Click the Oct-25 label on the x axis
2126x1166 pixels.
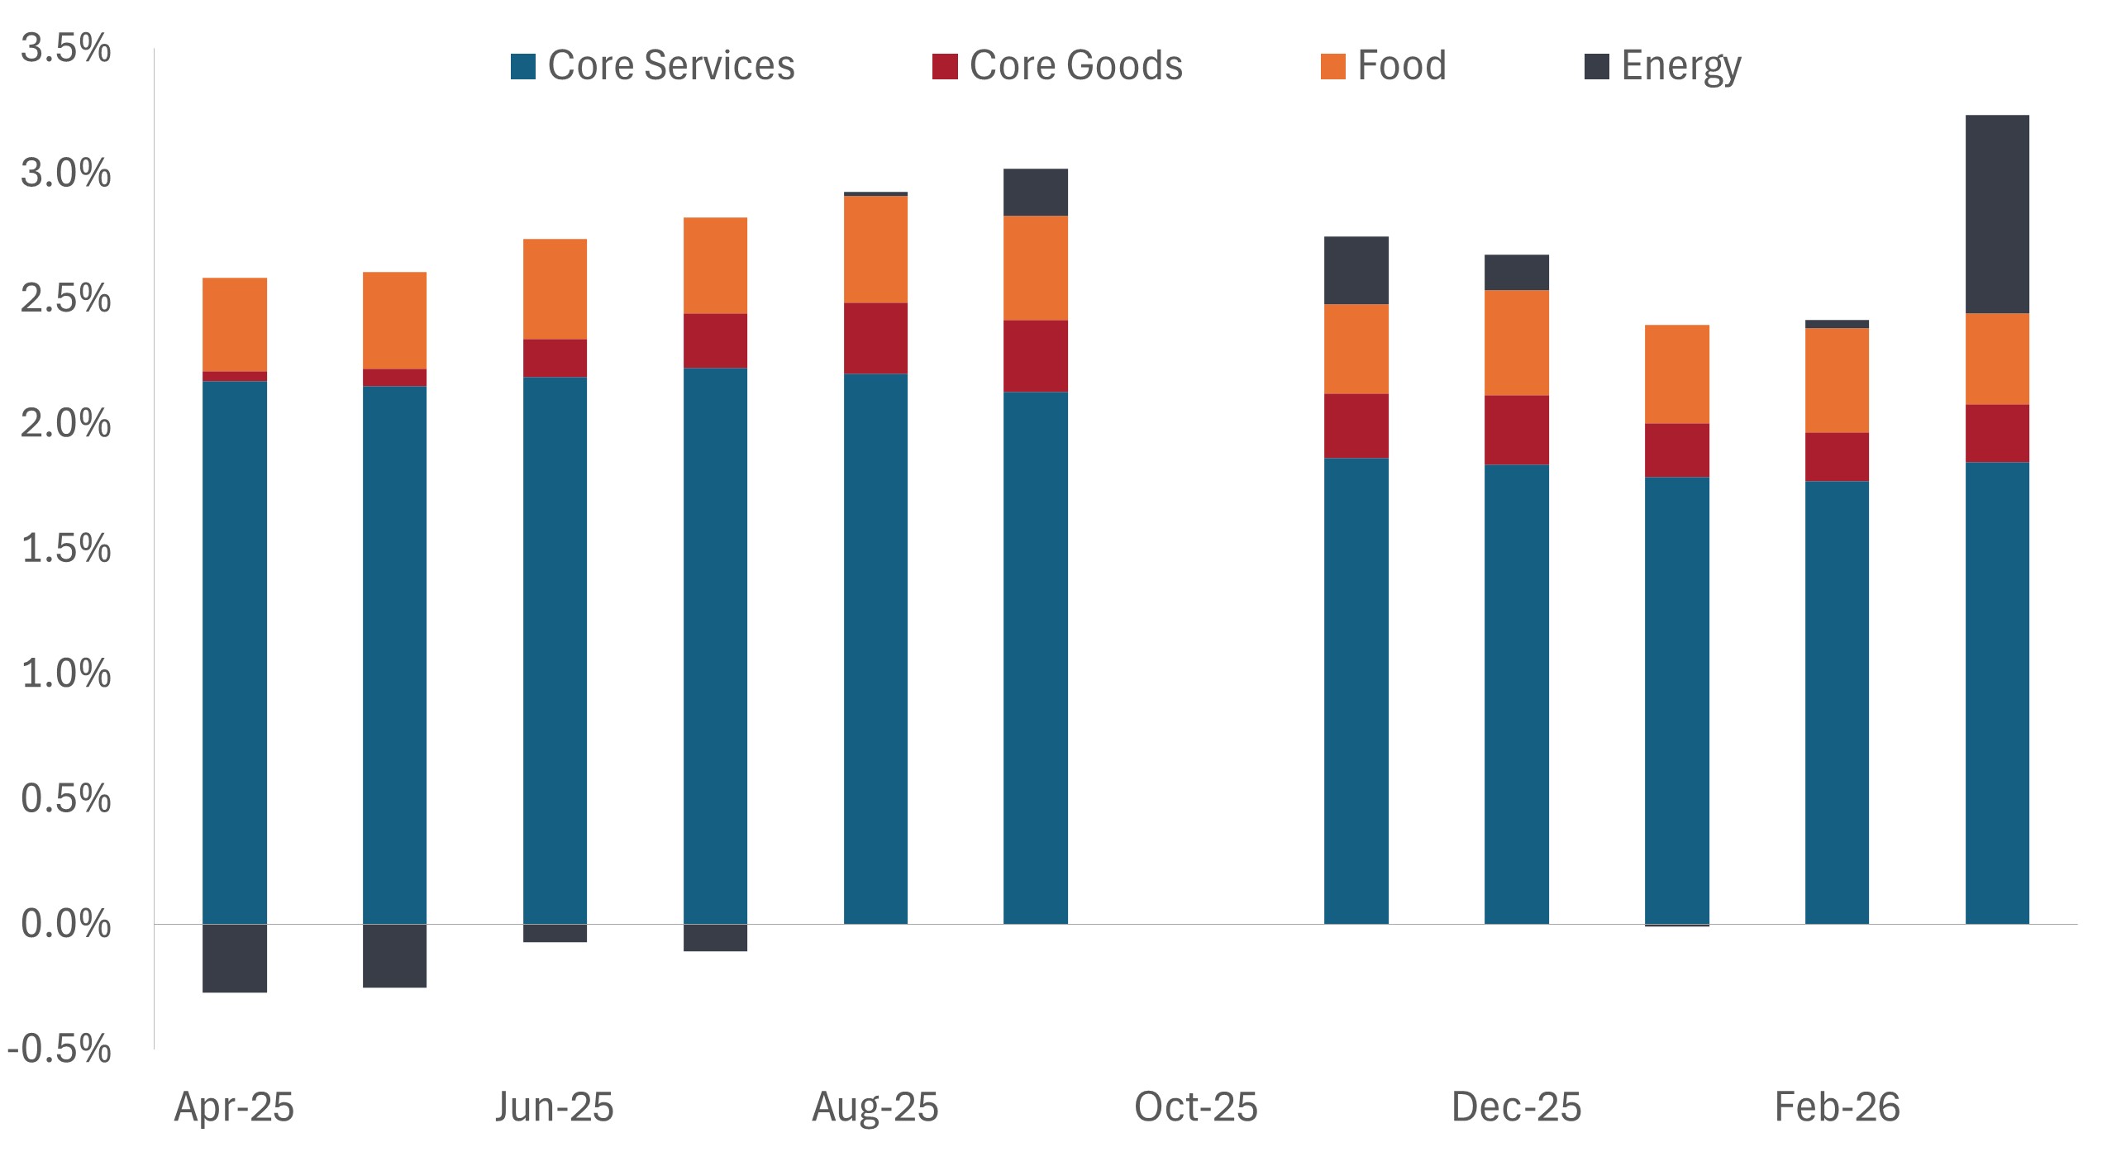pyautogui.click(x=1195, y=1107)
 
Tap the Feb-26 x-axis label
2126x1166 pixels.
pyautogui.click(x=1837, y=1107)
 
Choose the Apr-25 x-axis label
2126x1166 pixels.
pyautogui.click(x=234, y=1107)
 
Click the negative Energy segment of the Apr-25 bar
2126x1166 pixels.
pyautogui.click(x=235, y=958)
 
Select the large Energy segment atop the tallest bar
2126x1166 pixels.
pyautogui.click(x=1997, y=214)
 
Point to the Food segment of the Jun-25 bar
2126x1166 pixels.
pyautogui.click(x=555, y=289)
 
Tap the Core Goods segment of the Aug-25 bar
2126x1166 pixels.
pyautogui.click(x=875, y=338)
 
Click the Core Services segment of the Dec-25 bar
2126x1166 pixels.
pyautogui.click(x=1517, y=694)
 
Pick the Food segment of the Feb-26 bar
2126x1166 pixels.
pyautogui.click(x=1837, y=380)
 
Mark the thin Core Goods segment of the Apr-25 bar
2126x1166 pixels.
pyautogui.click(x=235, y=376)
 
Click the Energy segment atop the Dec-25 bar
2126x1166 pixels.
pyautogui.click(x=1517, y=272)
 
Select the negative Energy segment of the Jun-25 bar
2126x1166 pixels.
pyautogui.click(x=555, y=933)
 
